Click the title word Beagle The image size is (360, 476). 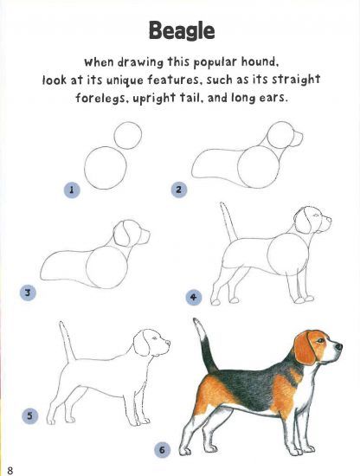[181, 31]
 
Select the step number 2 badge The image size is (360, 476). [179, 189]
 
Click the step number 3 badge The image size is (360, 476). [28, 293]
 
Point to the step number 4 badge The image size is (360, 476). [194, 297]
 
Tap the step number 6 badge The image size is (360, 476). [162, 450]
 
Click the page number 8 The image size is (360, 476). [10, 468]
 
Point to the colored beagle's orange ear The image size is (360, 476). [303, 348]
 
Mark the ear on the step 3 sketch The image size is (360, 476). [125, 235]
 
